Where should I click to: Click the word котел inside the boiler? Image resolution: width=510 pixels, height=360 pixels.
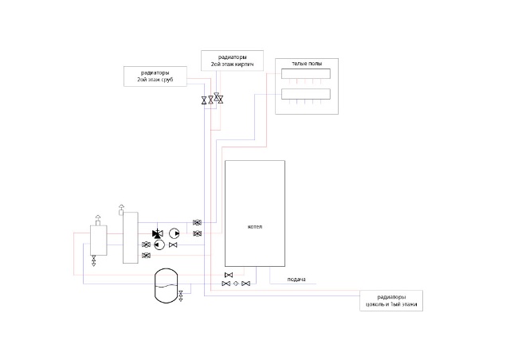pos(255,227)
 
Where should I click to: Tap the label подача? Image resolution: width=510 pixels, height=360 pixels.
pos(296,280)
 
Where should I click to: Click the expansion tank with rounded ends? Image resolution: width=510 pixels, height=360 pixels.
pos(166,283)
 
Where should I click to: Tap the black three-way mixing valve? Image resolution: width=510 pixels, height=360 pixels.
pos(157,233)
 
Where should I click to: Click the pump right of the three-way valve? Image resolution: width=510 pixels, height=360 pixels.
pos(175,233)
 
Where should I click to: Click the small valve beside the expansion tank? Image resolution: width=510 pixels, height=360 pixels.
pos(182,296)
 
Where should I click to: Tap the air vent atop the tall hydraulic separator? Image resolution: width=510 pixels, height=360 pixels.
pos(120,209)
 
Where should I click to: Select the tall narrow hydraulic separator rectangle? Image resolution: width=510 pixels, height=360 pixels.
pos(130,237)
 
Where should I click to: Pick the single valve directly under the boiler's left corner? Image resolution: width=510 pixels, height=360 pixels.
pos(228,276)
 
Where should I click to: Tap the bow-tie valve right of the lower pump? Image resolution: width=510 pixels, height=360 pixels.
pos(173,245)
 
